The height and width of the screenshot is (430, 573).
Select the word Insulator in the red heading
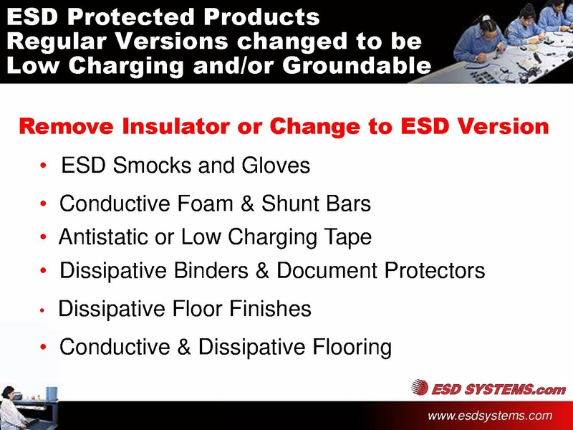click(168, 127)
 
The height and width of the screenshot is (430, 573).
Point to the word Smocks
click(145, 166)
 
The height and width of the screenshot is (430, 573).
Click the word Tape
click(347, 237)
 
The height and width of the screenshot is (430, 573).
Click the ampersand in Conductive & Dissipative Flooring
click(185, 348)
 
